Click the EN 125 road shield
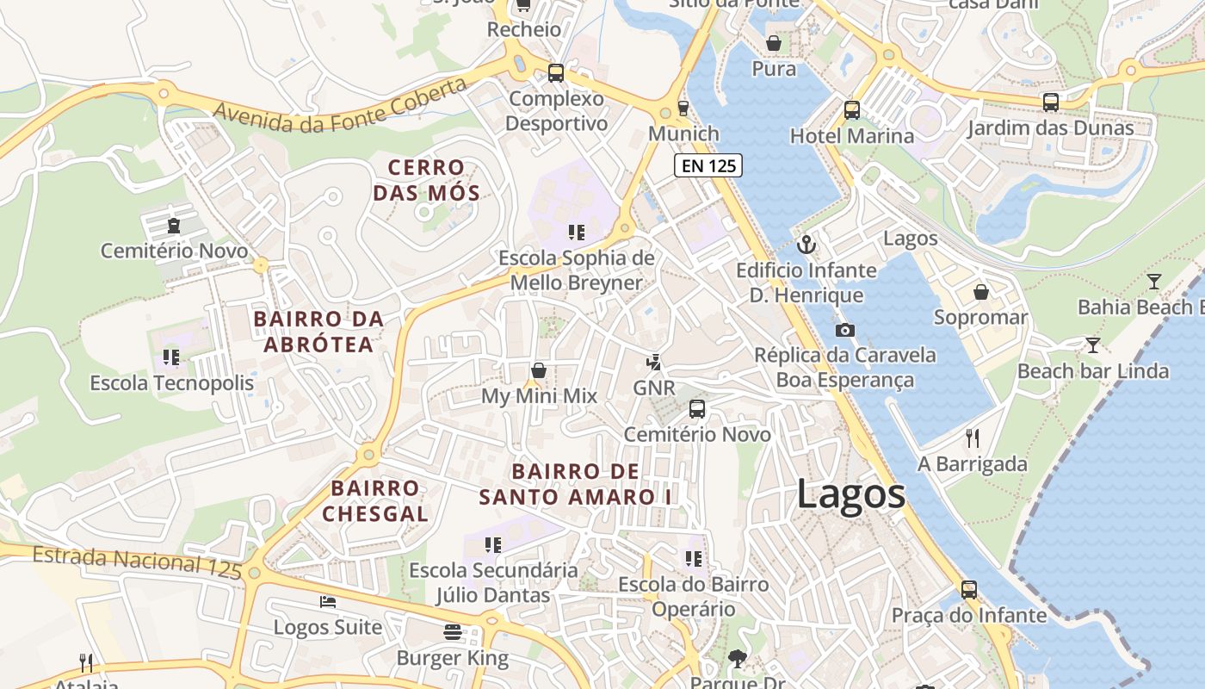click(x=708, y=165)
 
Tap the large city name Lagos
click(x=850, y=494)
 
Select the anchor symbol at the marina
click(x=806, y=245)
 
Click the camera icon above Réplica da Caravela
click(x=844, y=330)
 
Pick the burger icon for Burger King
click(x=453, y=632)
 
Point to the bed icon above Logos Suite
click(x=327, y=601)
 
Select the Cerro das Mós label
click(x=426, y=179)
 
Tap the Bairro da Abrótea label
click(x=318, y=332)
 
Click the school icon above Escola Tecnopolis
click(x=170, y=357)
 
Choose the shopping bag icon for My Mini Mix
click(x=539, y=370)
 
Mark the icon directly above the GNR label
click(x=654, y=362)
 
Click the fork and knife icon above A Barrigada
click(x=973, y=438)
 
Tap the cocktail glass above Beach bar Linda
click(x=1092, y=345)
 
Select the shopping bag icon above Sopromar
click(x=980, y=292)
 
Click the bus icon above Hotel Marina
click(x=851, y=110)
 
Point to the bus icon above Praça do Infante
click(x=969, y=590)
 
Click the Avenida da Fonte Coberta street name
click(x=340, y=105)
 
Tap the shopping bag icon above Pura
click(x=774, y=42)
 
